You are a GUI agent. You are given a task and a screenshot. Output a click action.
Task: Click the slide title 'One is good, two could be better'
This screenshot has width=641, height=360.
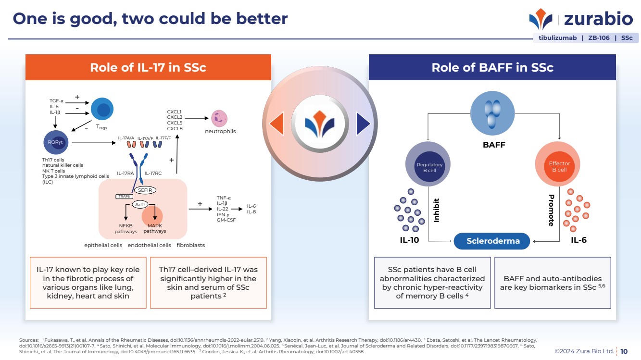(150, 18)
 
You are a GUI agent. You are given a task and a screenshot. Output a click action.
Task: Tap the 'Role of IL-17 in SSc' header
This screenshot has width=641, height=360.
(148, 67)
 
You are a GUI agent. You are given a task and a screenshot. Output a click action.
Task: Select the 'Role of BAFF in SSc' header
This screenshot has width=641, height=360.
(492, 67)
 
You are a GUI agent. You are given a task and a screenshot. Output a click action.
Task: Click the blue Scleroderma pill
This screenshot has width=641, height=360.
(493, 241)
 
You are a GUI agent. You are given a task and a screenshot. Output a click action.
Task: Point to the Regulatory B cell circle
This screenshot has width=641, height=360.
(429, 167)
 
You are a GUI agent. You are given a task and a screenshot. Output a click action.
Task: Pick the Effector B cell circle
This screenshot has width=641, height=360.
(559, 167)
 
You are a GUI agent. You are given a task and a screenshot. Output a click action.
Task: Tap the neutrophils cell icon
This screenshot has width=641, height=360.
(219, 117)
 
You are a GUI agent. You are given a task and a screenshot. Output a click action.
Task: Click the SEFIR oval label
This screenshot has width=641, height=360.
(145, 190)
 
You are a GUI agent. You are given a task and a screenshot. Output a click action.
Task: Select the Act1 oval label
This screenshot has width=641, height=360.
(139, 205)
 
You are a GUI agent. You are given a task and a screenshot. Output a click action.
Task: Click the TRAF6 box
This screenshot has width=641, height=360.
(124, 196)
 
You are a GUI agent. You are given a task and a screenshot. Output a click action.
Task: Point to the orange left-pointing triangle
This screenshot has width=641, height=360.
(277, 124)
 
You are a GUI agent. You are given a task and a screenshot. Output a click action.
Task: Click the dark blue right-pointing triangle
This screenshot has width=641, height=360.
(363, 124)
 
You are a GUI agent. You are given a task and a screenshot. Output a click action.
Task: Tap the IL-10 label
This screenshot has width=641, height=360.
(409, 240)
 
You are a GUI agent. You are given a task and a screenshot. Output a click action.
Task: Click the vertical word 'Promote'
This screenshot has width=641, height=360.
(551, 210)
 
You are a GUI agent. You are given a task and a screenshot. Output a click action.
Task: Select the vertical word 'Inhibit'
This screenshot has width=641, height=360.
(437, 210)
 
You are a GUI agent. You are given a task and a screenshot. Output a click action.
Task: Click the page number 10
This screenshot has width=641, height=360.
(624, 351)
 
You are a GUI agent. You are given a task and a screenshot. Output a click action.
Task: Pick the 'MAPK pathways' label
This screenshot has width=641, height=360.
(155, 228)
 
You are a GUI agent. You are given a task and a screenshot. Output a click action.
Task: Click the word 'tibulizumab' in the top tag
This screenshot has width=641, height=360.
(557, 37)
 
